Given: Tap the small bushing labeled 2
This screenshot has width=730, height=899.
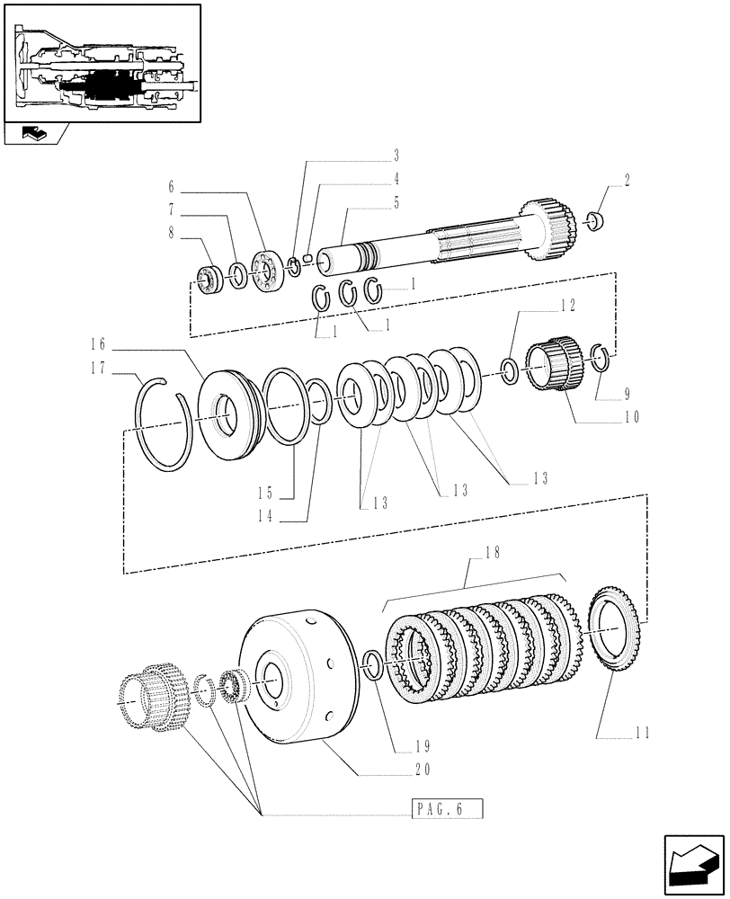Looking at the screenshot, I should tap(593, 219).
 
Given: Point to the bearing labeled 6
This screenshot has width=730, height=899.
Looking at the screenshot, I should tap(266, 269).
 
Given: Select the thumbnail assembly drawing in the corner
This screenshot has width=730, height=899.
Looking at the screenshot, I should tap(102, 64).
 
